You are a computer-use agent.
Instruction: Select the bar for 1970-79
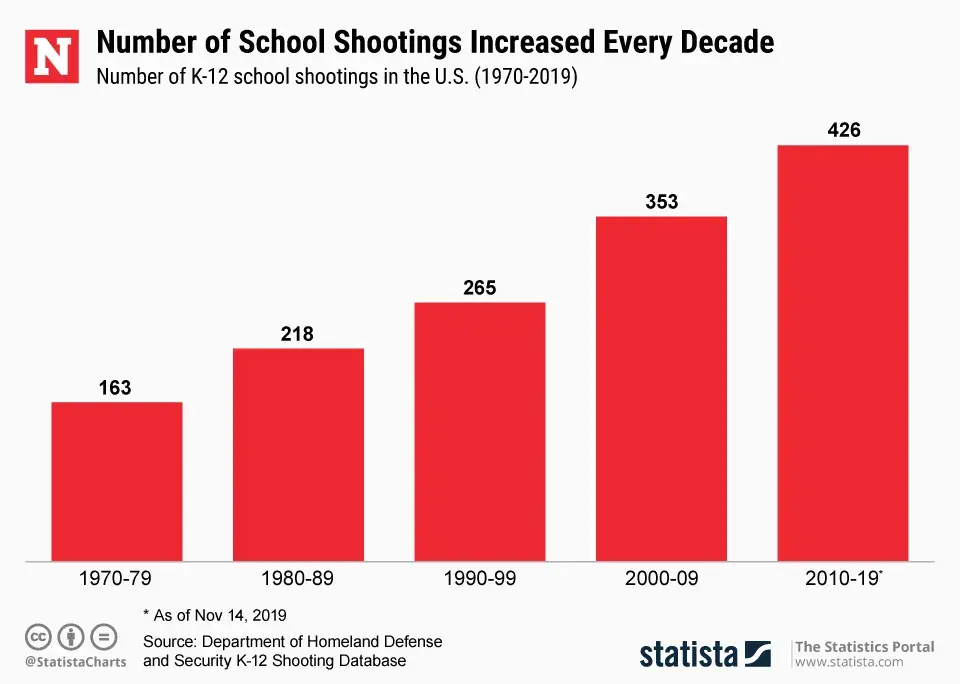pos(117,481)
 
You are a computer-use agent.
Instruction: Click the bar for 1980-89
pos(298,454)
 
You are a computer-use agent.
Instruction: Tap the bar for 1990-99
pos(480,431)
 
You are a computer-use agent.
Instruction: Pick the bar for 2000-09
pos(661,388)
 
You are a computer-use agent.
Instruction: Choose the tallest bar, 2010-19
pos(843,353)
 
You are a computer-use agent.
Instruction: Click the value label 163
pos(115,388)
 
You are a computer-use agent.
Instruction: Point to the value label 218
pos(297,334)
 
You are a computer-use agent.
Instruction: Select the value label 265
pos(479,288)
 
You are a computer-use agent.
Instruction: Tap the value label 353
pos(661,202)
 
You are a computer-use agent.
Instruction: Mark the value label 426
pos(843,131)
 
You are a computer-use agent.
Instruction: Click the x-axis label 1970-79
pos(116,578)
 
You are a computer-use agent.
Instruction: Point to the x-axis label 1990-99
pos(480,578)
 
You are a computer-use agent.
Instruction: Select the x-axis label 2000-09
pos(661,578)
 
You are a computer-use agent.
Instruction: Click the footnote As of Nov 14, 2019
pos(215,614)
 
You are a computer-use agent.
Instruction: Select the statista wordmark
pos(690,654)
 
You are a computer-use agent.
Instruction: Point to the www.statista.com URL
pos(849,662)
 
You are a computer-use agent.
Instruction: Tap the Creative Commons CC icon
pos(37,636)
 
